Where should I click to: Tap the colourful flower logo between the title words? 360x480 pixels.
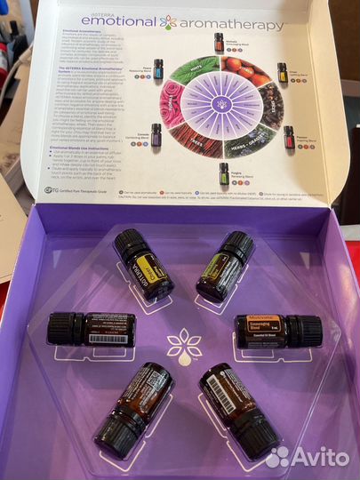click(169, 21)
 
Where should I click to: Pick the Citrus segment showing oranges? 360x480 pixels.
click(243, 71)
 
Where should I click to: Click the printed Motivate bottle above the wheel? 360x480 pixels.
click(219, 42)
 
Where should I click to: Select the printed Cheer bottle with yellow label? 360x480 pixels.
click(282, 72)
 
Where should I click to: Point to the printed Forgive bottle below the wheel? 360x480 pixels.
click(224, 172)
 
